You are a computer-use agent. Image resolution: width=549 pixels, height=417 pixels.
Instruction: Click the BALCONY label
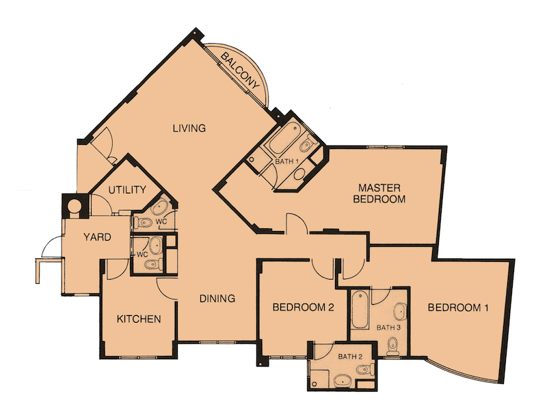[241, 70]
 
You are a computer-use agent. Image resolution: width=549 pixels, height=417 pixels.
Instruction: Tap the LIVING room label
[189, 128]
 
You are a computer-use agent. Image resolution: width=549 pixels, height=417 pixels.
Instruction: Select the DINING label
[217, 298]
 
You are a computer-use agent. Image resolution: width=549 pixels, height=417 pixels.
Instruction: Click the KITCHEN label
[139, 319]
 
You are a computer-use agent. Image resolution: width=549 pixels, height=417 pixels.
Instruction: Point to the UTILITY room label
[126, 190]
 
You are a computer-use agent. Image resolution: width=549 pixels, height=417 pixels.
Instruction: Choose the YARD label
[97, 237]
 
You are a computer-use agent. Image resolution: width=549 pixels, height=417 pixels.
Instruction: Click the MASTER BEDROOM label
[379, 193]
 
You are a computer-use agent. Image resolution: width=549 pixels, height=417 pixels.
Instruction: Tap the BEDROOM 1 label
[458, 308]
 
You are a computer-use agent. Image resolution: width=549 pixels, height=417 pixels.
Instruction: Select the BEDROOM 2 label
[303, 308]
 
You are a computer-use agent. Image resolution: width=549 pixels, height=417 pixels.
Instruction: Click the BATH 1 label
[286, 162]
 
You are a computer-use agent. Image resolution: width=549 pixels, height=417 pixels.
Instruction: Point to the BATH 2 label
[350, 357]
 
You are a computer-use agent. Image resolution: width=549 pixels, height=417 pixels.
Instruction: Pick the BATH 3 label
[388, 328]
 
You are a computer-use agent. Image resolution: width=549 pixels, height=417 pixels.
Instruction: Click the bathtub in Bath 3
[360, 310]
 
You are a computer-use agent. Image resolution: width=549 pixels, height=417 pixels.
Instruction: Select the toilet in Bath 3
[393, 347]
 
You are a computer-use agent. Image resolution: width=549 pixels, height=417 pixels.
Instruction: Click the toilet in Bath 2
[364, 368]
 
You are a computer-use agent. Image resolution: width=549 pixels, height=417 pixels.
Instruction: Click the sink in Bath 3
[399, 312]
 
